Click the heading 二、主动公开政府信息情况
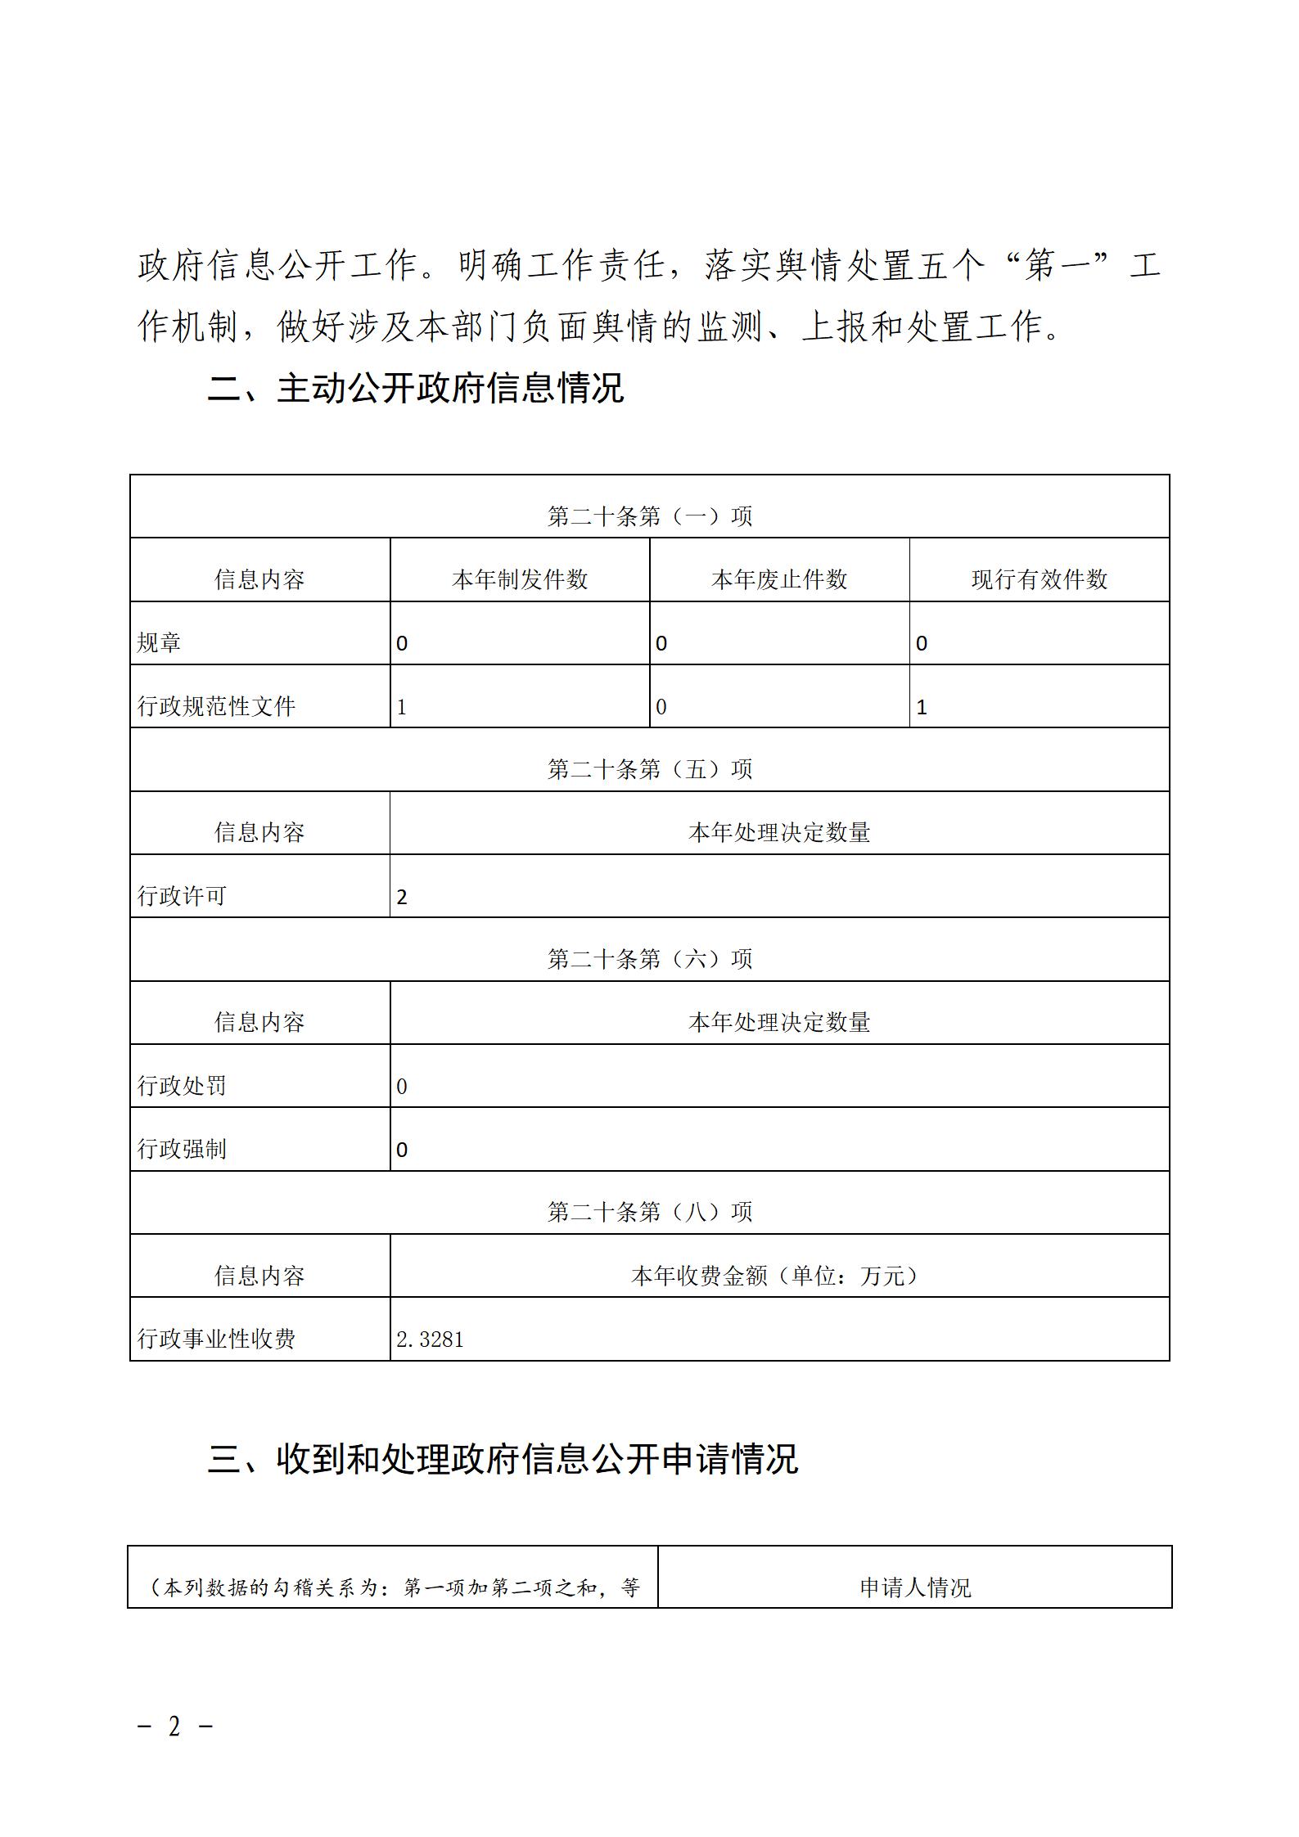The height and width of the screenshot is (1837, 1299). (x=415, y=388)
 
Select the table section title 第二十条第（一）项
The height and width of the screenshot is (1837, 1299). (x=649, y=516)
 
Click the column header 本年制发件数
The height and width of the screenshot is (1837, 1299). (x=520, y=579)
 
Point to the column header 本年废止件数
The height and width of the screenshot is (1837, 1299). (x=779, y=579)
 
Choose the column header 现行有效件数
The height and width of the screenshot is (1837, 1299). (x=1039, y=579)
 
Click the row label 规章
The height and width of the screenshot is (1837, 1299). (x=159, y=642)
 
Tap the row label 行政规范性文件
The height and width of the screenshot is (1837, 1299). (x=216, y=706)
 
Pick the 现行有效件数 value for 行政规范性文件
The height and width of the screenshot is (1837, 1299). (x=922, y=707)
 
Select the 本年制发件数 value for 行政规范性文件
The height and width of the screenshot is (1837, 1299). (x=402, y=707)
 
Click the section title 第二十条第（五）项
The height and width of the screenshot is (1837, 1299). (x=649, y=769)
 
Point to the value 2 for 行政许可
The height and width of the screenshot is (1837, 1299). (x=402, y=897)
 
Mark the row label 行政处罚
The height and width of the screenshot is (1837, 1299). (x=182, y=1086)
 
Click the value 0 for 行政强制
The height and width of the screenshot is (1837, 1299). (x=402, y=1150)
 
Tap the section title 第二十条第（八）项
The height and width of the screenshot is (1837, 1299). (x=649, y=1212)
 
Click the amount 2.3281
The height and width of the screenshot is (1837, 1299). (x=430, y=1339)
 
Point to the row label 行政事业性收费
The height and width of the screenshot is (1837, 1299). (x=216, y=1339)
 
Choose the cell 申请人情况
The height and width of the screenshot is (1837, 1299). (x=914, y=1587)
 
